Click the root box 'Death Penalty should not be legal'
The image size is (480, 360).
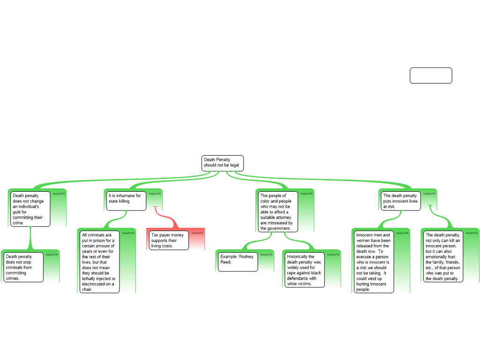click(x=223, y=163)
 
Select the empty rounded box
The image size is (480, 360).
click(x=431, y=75)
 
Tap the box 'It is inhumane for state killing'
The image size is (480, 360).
click(x=126, y=201)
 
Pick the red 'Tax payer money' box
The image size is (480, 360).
click(x=169, y=240)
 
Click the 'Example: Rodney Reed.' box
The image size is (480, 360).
click(x=238, y=262)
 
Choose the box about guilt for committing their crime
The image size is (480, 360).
click(x=30, y=209)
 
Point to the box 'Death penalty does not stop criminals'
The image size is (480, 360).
click(x=23, y=267)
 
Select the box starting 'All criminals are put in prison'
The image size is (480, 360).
click(x=99, y=262)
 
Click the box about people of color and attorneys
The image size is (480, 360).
click(x=278, y=212)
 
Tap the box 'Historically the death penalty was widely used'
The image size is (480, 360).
click(x=305, y=270)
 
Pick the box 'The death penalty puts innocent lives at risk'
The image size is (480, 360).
click(x=401, y=201)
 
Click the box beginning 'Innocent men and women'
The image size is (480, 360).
click(x=374, y=262)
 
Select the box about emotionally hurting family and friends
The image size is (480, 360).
click(x=443, y=256)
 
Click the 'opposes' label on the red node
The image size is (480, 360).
click(x=197, y=233)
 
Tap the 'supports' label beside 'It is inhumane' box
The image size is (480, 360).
click(x=155, y=194)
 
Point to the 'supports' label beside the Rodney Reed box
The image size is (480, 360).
click(x=266, y=255)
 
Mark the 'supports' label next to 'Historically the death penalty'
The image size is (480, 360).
click(x=333, y=255)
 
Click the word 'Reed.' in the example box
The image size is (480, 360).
click(x=226, y=262)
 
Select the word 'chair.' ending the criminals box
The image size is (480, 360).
click(x=87, y=289)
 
